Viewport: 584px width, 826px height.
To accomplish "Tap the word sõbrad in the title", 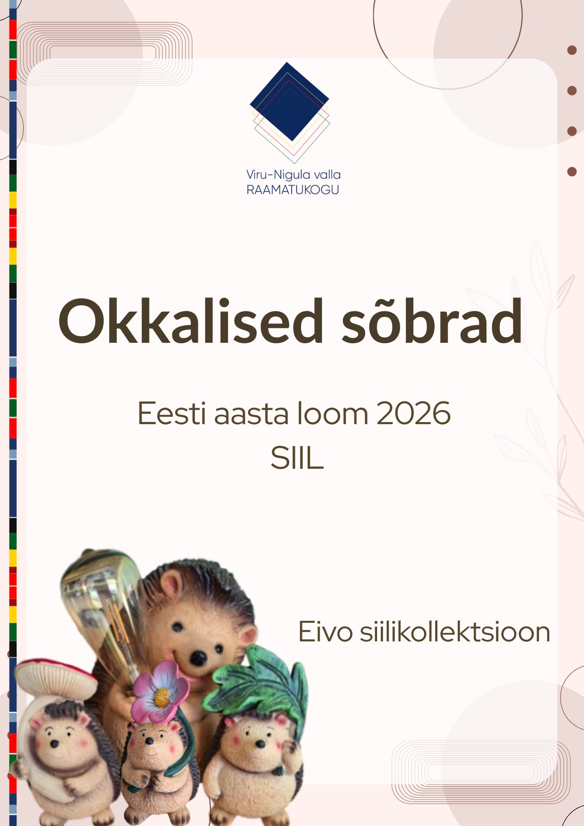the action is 432,321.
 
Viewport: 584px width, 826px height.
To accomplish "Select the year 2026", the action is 413,413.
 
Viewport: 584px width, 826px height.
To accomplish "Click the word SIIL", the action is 297,458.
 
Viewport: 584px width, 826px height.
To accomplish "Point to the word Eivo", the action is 325,631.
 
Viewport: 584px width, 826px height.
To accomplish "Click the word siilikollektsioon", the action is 455,631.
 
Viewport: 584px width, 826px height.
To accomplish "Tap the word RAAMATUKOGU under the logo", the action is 293,189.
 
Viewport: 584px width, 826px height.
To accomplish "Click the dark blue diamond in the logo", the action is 289,101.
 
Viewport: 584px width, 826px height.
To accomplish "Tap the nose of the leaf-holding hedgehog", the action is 260,743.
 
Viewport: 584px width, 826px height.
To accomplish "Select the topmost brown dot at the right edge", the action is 572,50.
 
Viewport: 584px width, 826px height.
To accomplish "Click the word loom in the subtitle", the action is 332,413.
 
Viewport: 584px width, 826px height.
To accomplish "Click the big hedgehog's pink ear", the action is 248,636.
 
